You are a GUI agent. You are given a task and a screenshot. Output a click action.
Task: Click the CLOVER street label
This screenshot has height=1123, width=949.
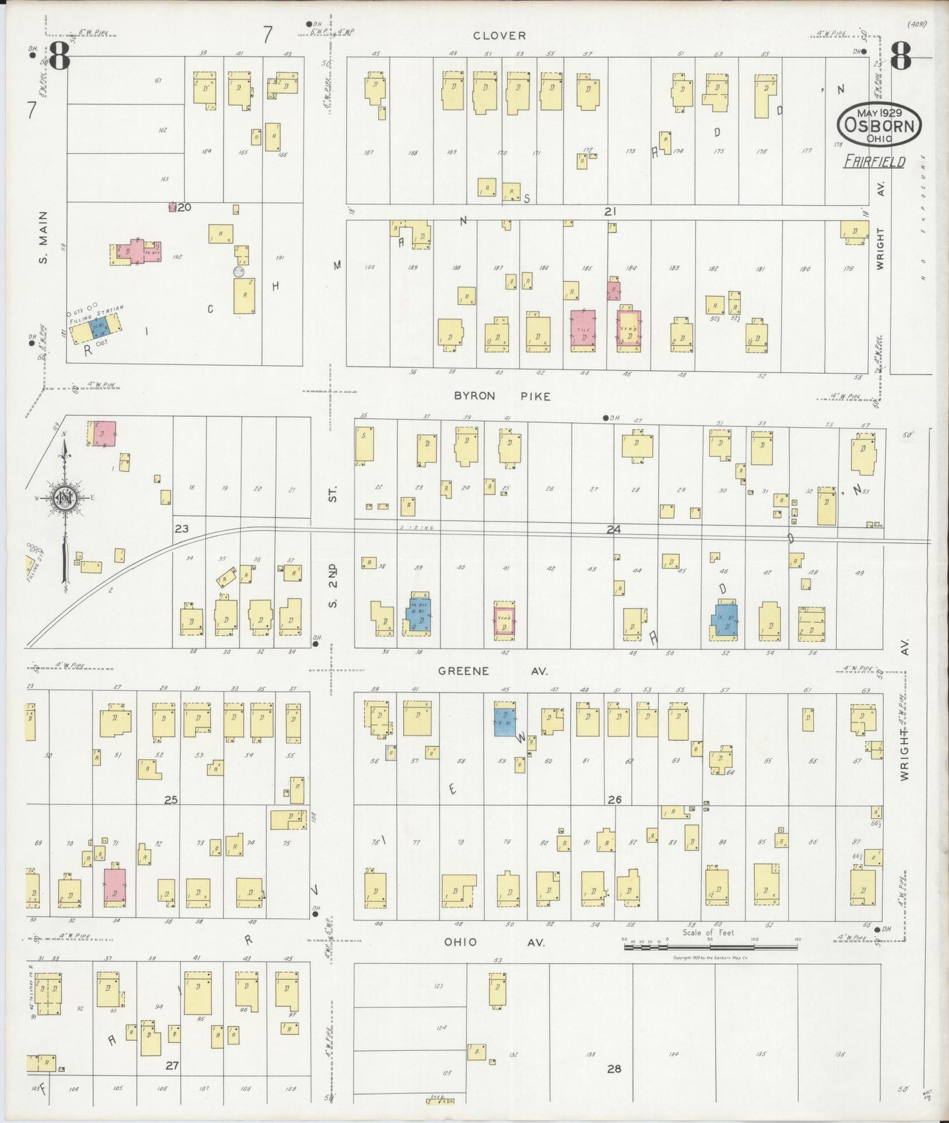(499, 35)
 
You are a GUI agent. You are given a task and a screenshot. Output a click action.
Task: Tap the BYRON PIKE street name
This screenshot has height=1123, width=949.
(502, 396)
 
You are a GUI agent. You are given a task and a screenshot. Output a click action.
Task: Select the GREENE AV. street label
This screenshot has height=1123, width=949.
(493, 671)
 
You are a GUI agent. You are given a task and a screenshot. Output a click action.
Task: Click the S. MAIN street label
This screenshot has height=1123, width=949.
(43, 237)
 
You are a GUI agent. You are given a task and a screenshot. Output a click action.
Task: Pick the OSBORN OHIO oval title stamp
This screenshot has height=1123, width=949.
(879, 124)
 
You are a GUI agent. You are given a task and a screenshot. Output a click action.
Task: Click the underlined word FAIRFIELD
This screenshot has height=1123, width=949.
(874, 162)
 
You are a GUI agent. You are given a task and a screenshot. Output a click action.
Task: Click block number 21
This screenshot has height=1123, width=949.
(610, 211)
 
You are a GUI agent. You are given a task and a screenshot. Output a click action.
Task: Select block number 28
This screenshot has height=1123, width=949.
(613, 1068)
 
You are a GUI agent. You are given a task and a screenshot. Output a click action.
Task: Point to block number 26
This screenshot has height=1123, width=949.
(614, 800)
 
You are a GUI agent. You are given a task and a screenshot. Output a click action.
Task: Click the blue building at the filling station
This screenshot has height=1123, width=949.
(98, 326)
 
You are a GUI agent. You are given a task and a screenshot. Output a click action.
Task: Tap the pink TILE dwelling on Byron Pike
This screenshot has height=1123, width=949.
(583, 331)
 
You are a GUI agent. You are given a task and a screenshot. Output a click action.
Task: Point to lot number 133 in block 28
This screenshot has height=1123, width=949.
(590, 1054)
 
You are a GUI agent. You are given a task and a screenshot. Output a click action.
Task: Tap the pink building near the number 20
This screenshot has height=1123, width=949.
(173, 208)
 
